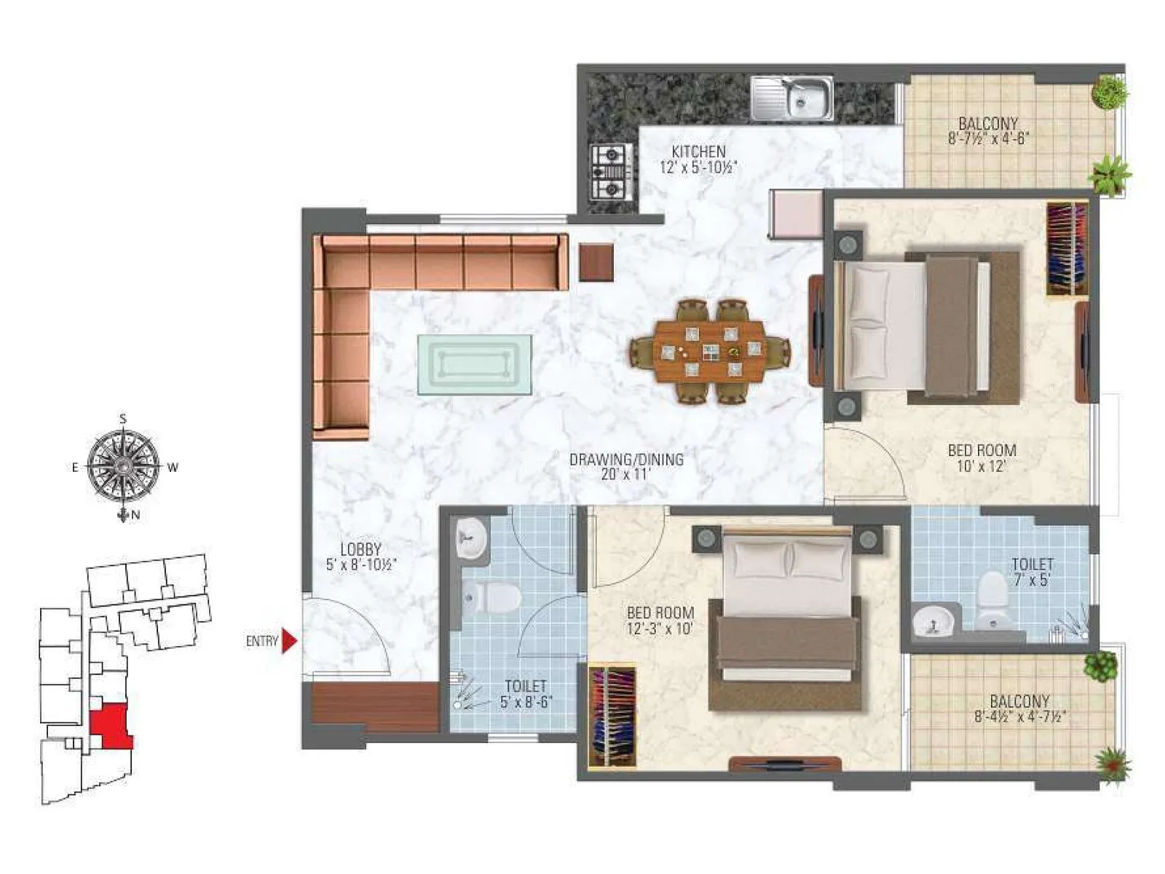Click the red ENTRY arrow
289,641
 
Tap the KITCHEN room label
698,152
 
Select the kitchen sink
792,98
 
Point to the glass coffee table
474,364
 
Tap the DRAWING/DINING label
626,460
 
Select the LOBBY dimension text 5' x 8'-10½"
361,564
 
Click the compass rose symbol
124,467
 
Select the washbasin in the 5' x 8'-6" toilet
473,540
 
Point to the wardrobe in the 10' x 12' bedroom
1067,248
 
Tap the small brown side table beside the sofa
596,261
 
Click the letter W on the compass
173,468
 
